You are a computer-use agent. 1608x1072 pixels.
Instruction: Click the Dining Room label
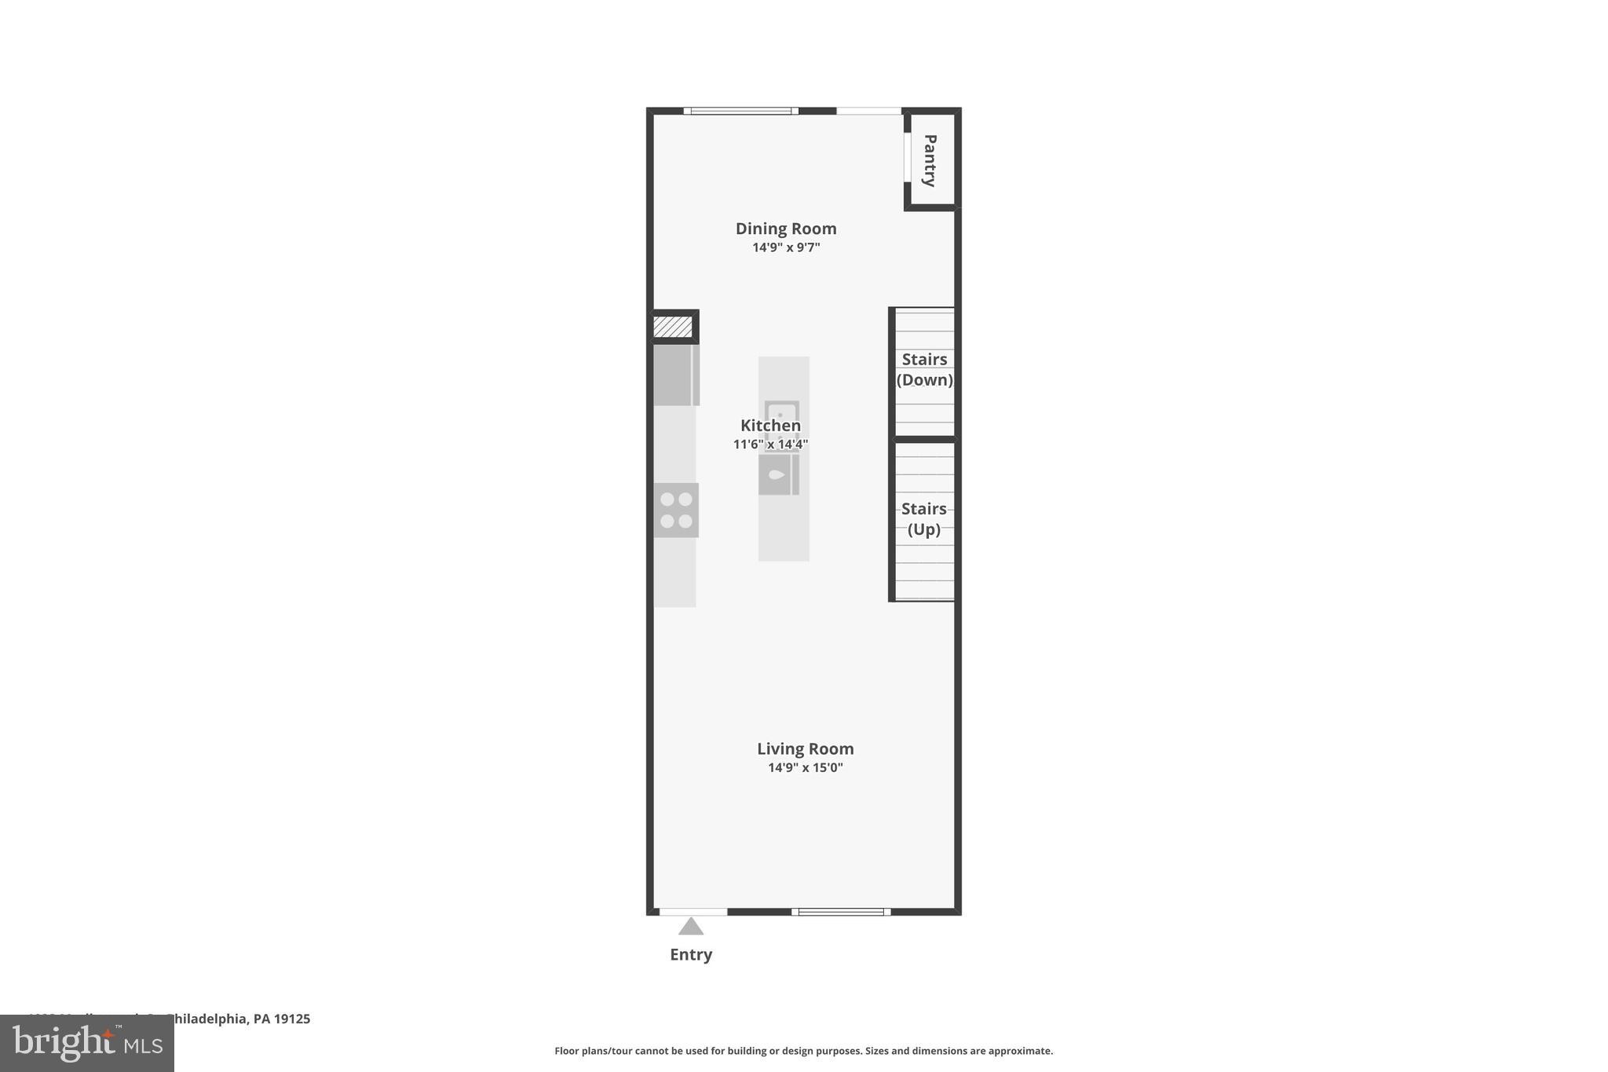click(786, 229)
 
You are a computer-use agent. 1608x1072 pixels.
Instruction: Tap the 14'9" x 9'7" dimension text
click(786, 247)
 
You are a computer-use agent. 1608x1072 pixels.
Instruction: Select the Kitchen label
click(770, 426)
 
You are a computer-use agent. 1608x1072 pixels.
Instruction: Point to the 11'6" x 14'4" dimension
click(770, 445)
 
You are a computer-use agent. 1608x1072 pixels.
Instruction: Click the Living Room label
click(805, 749)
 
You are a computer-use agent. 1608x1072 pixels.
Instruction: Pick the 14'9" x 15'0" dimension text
click(805, 767)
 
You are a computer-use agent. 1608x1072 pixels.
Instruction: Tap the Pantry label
click(930, 160)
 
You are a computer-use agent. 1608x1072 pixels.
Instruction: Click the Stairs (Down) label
click(924, 370)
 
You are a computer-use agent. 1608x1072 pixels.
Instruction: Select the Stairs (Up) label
click(923, 519)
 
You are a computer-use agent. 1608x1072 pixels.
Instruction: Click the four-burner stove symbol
click(676, 510)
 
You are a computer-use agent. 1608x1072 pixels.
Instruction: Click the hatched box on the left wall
click(673, 327)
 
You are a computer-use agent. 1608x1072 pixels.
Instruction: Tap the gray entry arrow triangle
click(691, 927)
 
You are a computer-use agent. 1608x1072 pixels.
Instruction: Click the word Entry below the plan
click(691, 955)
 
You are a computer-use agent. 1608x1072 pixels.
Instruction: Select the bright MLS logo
click(87, 1043)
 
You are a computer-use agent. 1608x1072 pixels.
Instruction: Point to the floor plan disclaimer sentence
click(803, 1051)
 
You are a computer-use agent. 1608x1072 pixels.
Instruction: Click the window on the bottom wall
click(841, 912)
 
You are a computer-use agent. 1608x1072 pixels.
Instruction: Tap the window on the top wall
click(740, 111)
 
